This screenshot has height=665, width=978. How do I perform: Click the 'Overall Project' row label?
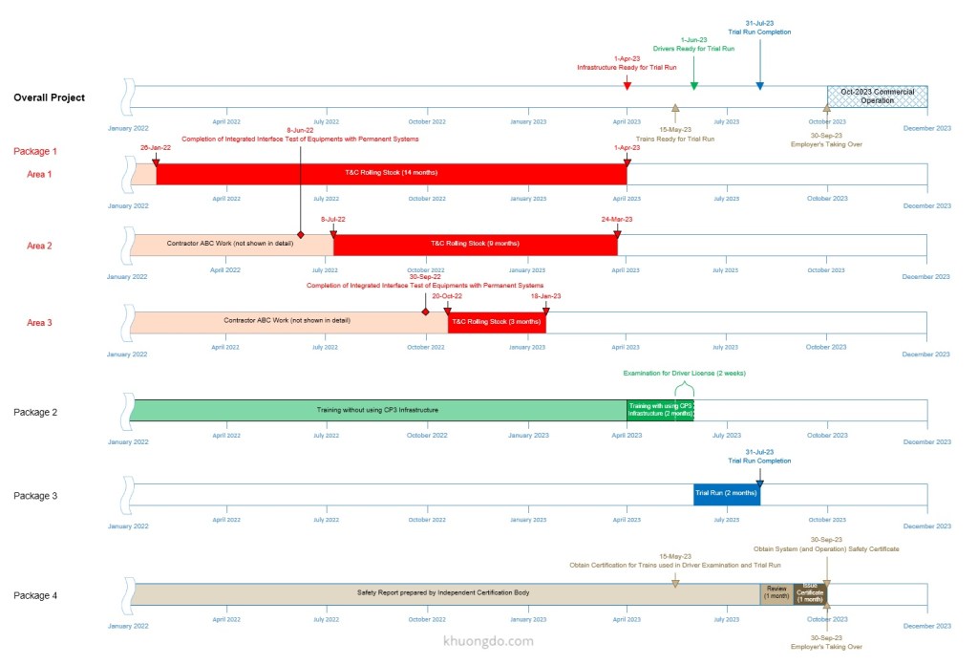coord(49,97)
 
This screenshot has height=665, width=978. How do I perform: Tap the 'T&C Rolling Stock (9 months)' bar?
coord(475,244)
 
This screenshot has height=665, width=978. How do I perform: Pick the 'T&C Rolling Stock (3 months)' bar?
coord(497,321)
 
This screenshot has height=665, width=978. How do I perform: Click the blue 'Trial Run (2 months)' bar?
coord(726,493)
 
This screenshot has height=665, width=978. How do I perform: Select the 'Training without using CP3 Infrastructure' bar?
coord(377,410)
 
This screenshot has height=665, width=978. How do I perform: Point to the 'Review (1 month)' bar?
coord(776,593)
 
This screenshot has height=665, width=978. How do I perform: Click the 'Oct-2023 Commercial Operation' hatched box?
coord(877,96)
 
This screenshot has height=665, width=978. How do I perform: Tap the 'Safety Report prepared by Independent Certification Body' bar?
coord(443,593)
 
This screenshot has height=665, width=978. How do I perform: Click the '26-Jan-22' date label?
coord(155,147)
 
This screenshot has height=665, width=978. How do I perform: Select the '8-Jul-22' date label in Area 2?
coord(333,219)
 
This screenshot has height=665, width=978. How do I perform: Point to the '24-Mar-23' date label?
coord(617,219)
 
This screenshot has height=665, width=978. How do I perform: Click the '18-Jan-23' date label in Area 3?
coord(545,296)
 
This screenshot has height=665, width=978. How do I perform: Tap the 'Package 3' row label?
coord(35,496)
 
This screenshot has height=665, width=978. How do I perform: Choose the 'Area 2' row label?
coord(39,246)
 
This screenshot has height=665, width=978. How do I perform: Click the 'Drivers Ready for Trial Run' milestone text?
coord(693,48)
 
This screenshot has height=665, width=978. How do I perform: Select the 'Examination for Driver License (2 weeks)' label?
coord(684,373)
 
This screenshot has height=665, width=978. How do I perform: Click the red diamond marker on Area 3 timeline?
coord(425,311)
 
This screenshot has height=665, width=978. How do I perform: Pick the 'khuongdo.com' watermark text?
coord(489,641)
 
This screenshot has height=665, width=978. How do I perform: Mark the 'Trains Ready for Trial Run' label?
coord(674,139)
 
